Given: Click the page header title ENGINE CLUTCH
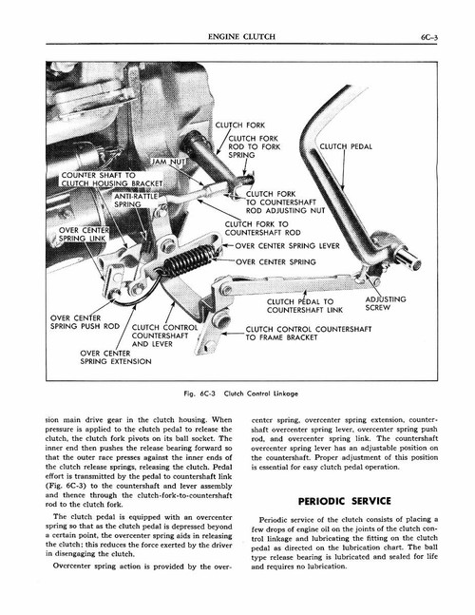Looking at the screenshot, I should [238, 39].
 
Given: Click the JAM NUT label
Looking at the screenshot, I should [173, 163].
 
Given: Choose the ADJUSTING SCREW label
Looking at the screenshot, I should [385, 303].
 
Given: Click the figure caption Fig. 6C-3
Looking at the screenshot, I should [237, 393].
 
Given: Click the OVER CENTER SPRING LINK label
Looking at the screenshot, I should [84, 235].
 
